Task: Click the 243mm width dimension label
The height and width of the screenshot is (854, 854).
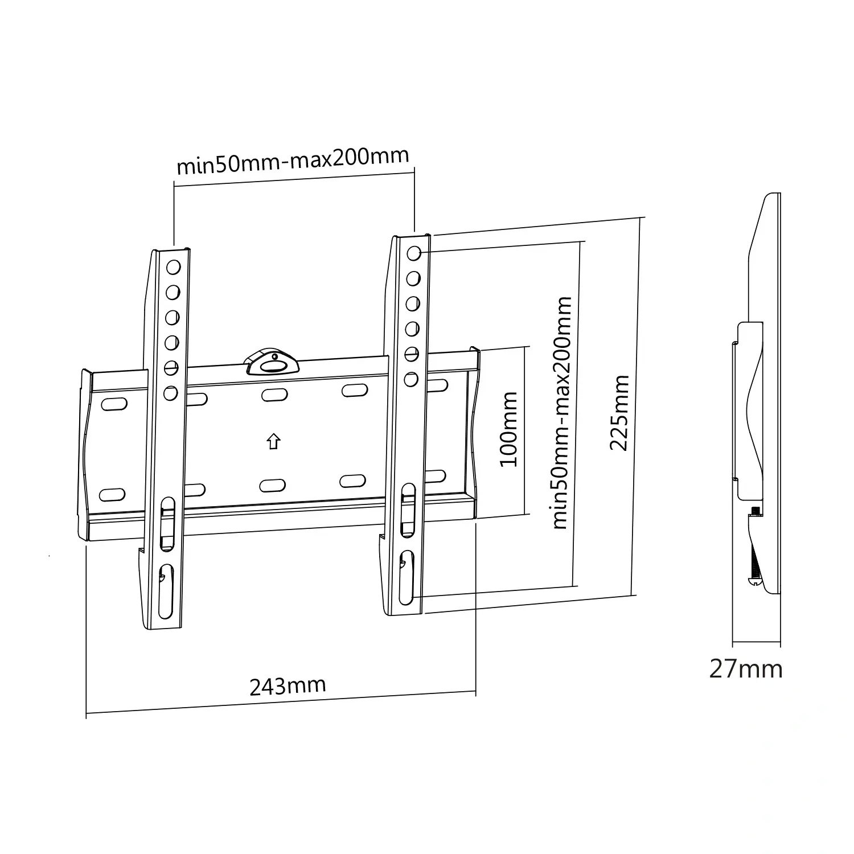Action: pos(288,685)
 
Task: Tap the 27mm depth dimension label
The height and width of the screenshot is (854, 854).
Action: pos(746,668)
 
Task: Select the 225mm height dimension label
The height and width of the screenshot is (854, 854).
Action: pos(619,412)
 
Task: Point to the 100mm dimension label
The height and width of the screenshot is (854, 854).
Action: pos(508,429)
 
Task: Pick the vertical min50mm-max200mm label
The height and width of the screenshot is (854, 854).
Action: pos(561,412)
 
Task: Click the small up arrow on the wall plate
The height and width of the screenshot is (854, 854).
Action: pos(274,441)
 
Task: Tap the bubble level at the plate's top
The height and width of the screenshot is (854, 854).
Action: pos(271,362)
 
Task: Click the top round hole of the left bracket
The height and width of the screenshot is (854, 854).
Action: pos(173,267)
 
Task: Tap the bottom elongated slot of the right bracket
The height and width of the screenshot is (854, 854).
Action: pos(407,577)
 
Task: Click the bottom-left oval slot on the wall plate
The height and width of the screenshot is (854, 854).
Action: pos(112,494)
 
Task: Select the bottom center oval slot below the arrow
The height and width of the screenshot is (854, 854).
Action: pos(272,485)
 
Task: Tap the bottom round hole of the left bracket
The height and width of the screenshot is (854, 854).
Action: pos(170,393)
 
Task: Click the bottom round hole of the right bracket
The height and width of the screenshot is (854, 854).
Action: pos(412,379)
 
